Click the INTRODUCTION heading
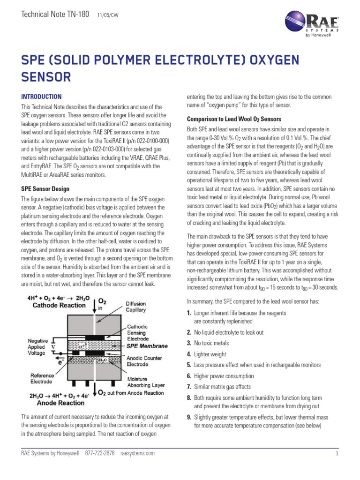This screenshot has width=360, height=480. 41,96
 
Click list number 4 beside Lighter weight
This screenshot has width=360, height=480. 189,354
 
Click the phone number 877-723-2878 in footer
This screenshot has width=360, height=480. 99,453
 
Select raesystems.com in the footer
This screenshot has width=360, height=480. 137,453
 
